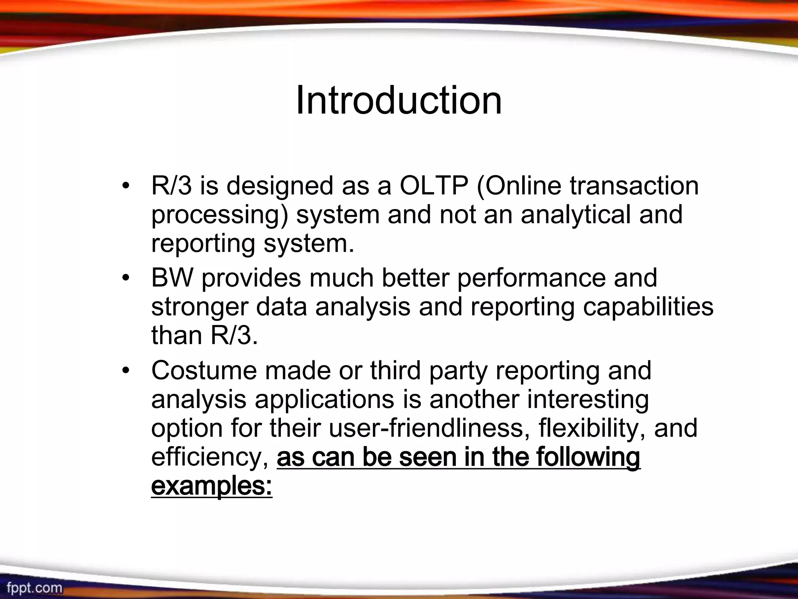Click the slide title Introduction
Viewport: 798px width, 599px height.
[399, 101]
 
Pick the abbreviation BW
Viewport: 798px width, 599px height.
[172, 278]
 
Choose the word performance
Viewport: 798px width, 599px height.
[531, 278]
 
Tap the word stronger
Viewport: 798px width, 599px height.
[199, 307]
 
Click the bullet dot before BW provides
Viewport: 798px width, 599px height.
[125, 278]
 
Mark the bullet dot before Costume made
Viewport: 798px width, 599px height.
[125, 370]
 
